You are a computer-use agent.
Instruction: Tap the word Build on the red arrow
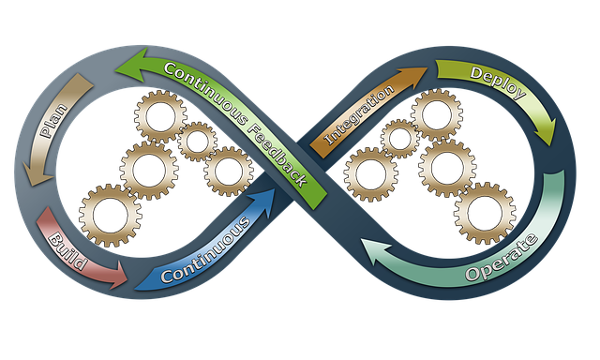pyautogui.click(x=67, y=250)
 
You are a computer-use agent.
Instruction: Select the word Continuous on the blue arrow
pyautogui.click(x=204, y=250)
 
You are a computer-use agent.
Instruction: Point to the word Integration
pyautogui.click(x=358, y=118)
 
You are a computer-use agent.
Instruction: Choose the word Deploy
pyautogui.click(x=496, y=82)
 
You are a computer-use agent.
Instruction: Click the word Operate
pyautogui.click(x=502, y=260)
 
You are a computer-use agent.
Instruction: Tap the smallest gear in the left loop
pyautogui.click(x=197, y=142)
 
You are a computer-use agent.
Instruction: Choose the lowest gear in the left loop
pyautogui.click(x=111, y=215)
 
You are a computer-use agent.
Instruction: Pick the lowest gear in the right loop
pyautogui.click(x=484, y=213)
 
